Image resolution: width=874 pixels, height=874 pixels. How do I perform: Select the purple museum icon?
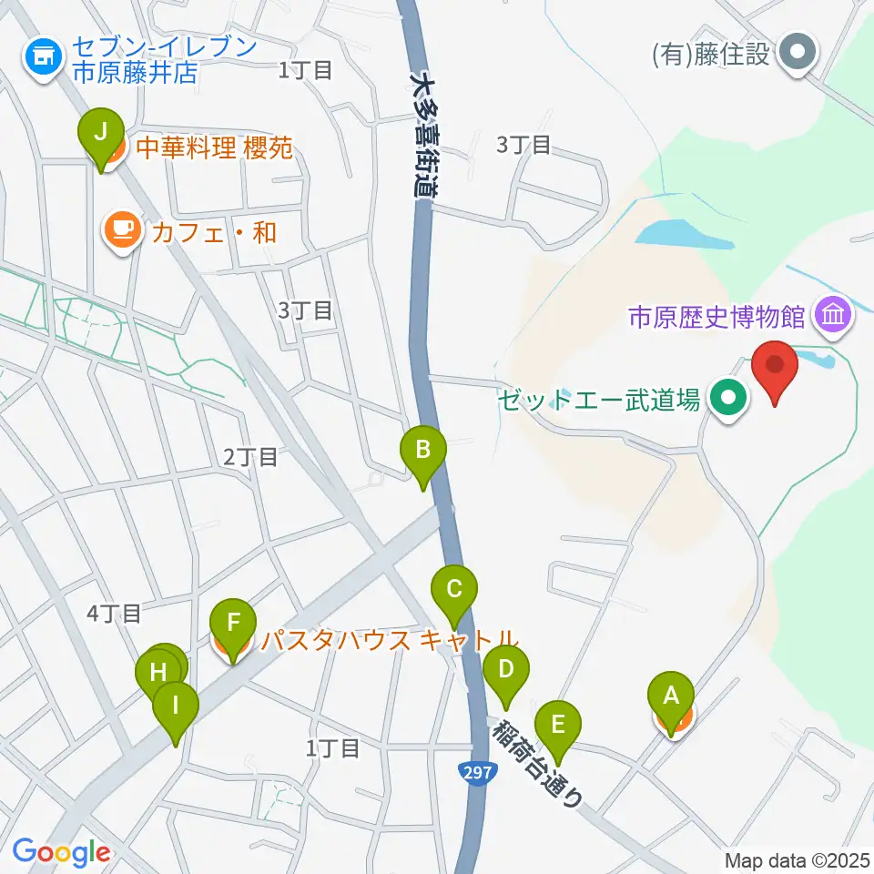click(833, 316)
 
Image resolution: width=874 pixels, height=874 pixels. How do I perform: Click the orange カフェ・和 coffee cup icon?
click(122, 229)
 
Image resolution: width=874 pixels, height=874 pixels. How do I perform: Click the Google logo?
click(61, 852)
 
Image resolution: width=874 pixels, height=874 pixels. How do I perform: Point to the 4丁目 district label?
click(114, 614)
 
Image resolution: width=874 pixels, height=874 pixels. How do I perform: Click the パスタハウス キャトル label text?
click(390, 639)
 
